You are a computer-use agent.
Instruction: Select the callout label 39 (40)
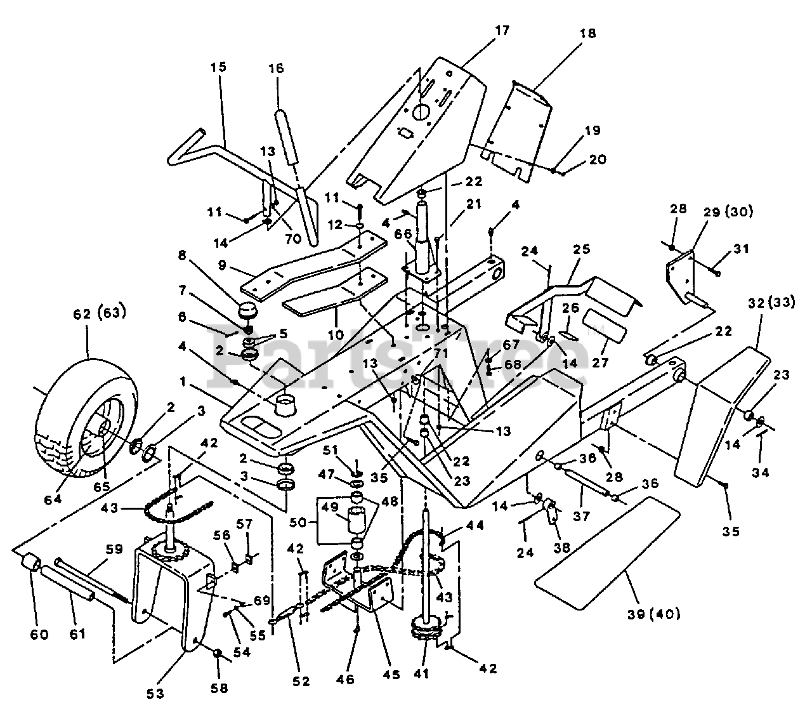click(652, 614)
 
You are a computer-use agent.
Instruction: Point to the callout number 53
click(156, 694)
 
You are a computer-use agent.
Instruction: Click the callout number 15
click(218, 67)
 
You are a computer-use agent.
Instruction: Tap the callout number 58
click(219, 687)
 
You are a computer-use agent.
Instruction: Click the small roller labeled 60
click(30, 564)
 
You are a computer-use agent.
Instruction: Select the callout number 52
click(301, 681)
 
